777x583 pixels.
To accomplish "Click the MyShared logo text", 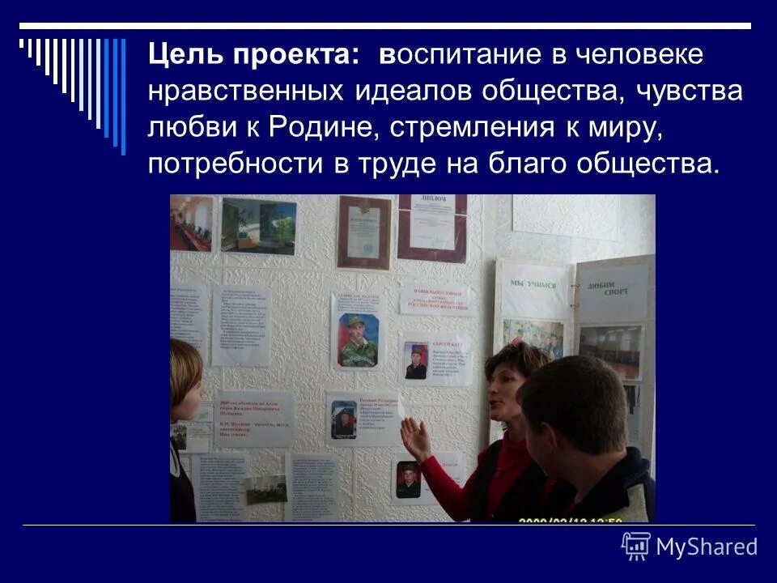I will click(x=707, y=547).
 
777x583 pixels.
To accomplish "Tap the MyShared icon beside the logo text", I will click(x=635, y=547).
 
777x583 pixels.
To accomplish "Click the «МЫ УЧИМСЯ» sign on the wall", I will click(x=533, y=285).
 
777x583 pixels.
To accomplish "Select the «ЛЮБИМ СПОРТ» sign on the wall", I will click(x=613, y=287).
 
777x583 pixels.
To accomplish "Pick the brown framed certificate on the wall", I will click(x=363, y=232).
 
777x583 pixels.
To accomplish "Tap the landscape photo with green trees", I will click(x=259, y=225).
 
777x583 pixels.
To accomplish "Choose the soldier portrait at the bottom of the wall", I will click(x=409, y=479).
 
